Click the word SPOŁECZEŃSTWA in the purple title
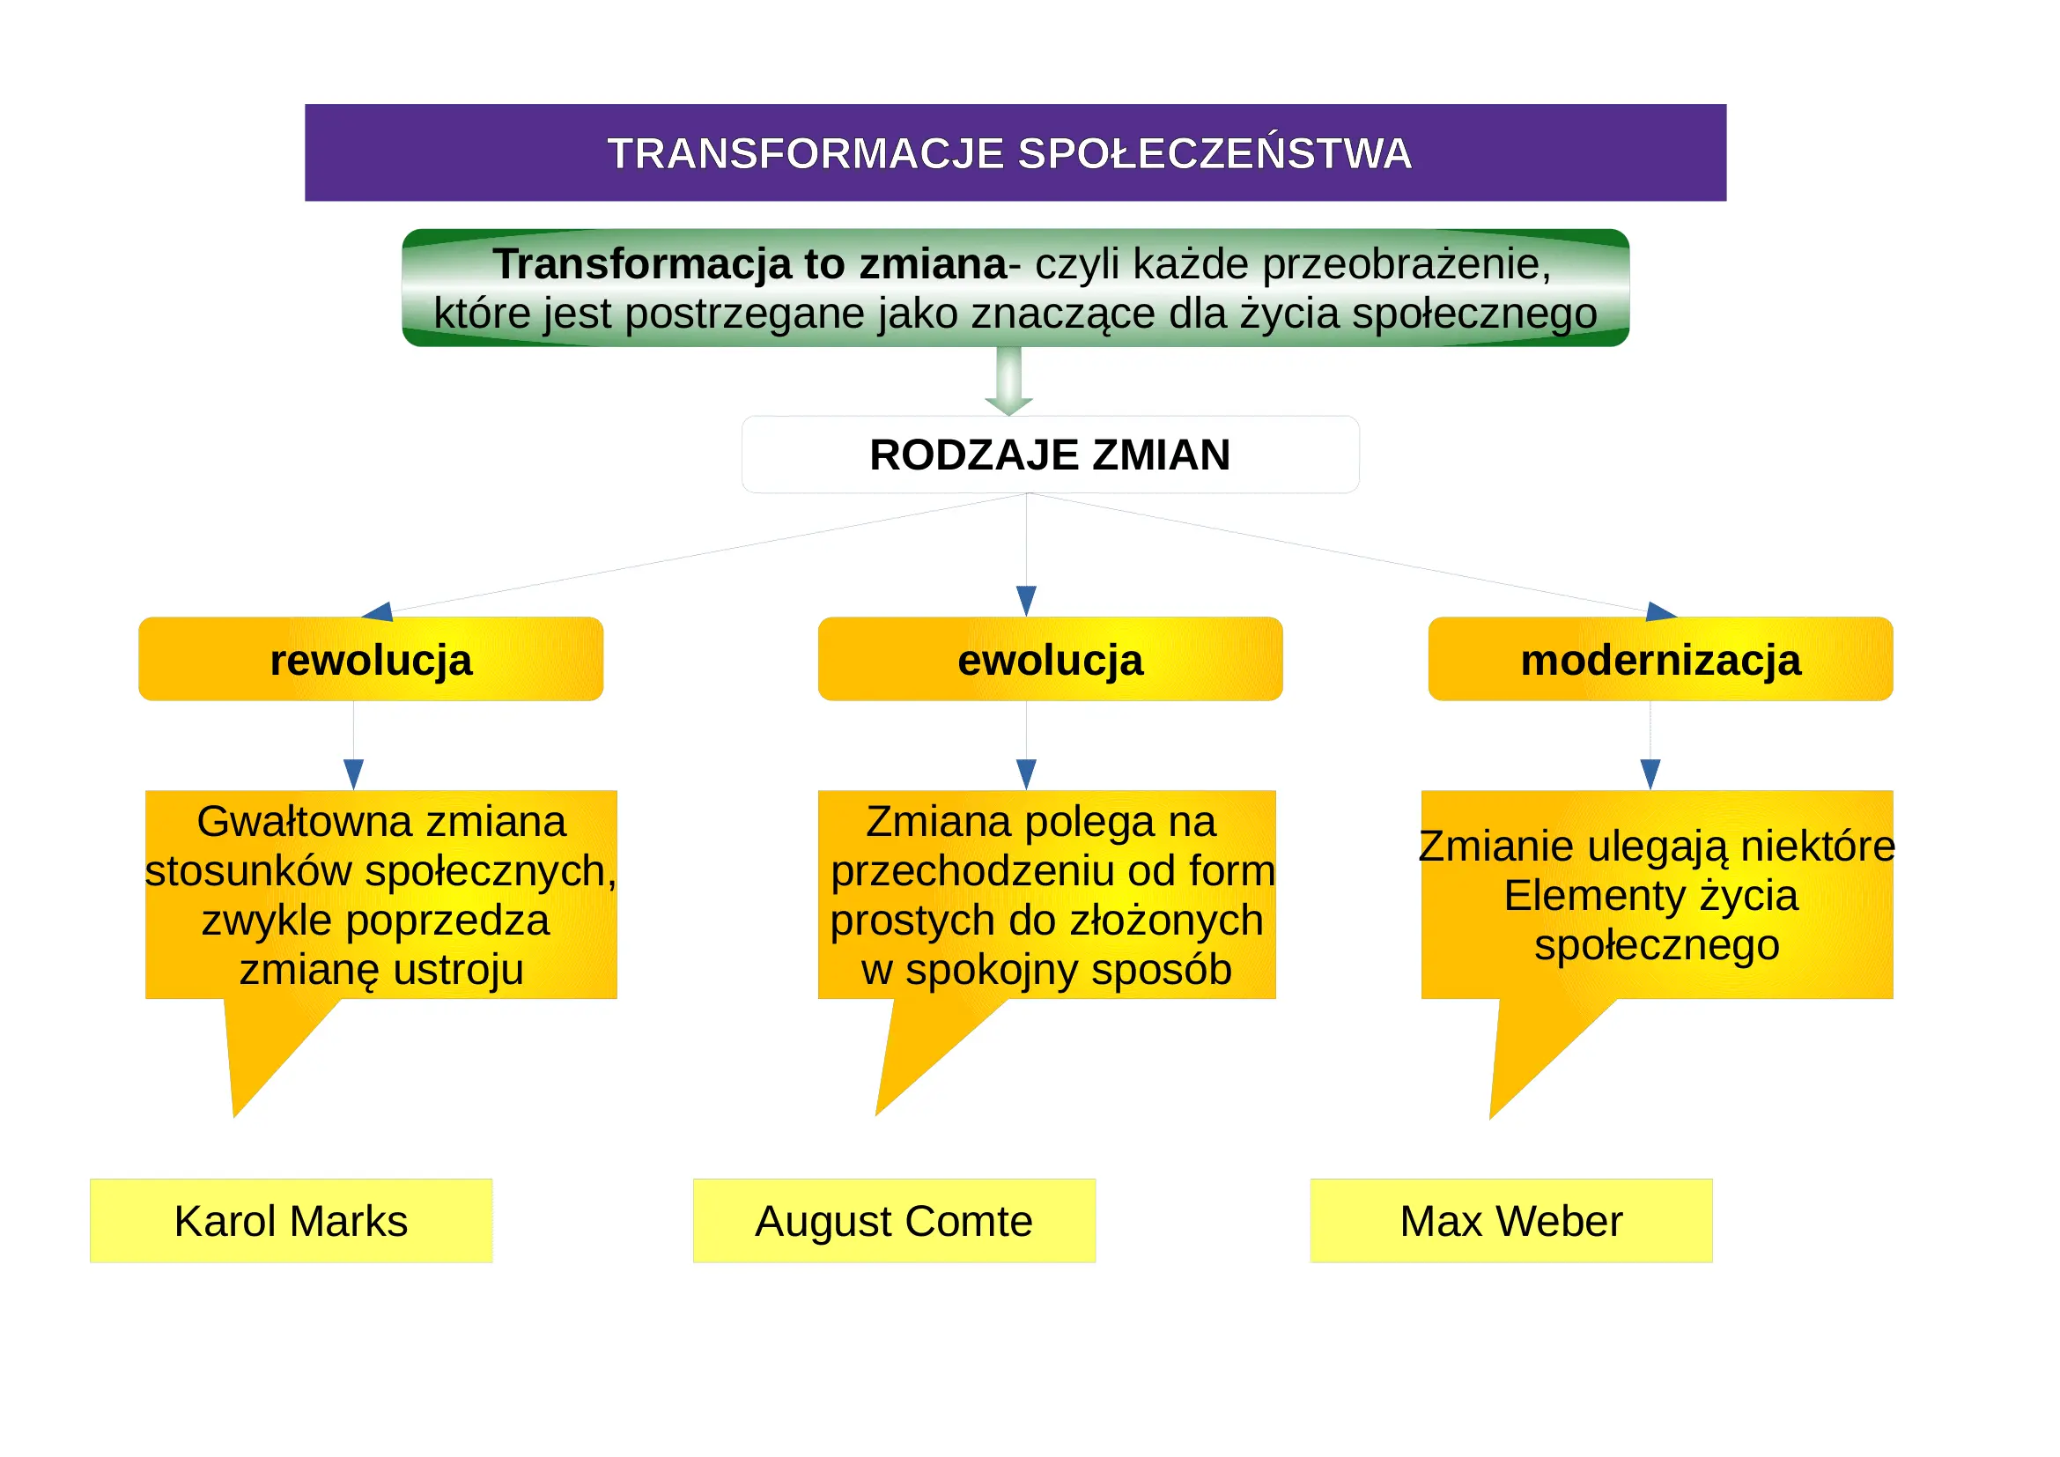(x=1215, y=153)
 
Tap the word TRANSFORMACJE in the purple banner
(x=805, y=153)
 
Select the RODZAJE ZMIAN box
(x=1050, y=454)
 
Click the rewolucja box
(x=371, y=659)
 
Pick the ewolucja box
(x=1050, y=659)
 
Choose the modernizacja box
(x=1660, y=659)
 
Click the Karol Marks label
(x=291, y=1220)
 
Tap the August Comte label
(x=894, y=1220)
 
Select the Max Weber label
(x=1511, y=1220)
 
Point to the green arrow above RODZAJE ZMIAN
(x=1008, y=381)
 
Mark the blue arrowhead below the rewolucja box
(x=353, y=774)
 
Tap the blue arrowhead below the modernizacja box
(x=1650, y=774)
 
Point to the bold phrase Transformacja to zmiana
(x=750, y=263)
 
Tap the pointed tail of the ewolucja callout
(x=877, y=1114)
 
